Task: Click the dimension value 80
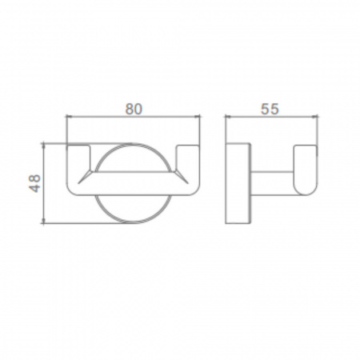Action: point(134,109)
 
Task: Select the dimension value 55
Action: point(270,109)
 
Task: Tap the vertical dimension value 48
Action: point(35,183)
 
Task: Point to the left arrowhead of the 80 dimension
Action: point(69,116)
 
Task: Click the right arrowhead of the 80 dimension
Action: point(197,116)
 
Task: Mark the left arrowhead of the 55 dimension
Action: point(228,116)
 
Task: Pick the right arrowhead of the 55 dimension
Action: point(315,116)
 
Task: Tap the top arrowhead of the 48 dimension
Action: point(43,146)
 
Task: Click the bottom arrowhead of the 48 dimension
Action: point(43,220)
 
